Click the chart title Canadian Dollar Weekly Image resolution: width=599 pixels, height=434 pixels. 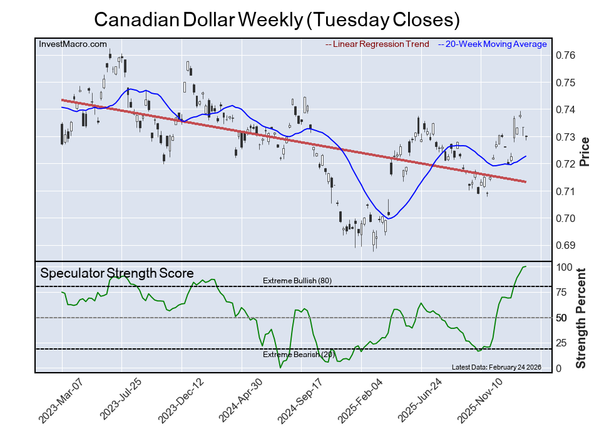[x=277, y=20]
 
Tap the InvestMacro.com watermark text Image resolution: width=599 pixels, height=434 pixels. [x=73, y=44]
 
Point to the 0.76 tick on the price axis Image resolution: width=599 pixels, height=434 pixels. [x=566, y=55]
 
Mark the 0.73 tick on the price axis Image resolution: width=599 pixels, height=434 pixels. [x=566, y=137]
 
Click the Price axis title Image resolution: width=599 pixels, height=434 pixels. [x=585, y=151]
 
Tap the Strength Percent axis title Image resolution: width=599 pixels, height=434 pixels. [x=581, y=318]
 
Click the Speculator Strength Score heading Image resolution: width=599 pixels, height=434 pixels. [x=117, y=273]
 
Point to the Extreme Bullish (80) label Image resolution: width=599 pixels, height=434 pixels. [x=297, y=281]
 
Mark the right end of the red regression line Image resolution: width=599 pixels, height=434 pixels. [x=525, y=182]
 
